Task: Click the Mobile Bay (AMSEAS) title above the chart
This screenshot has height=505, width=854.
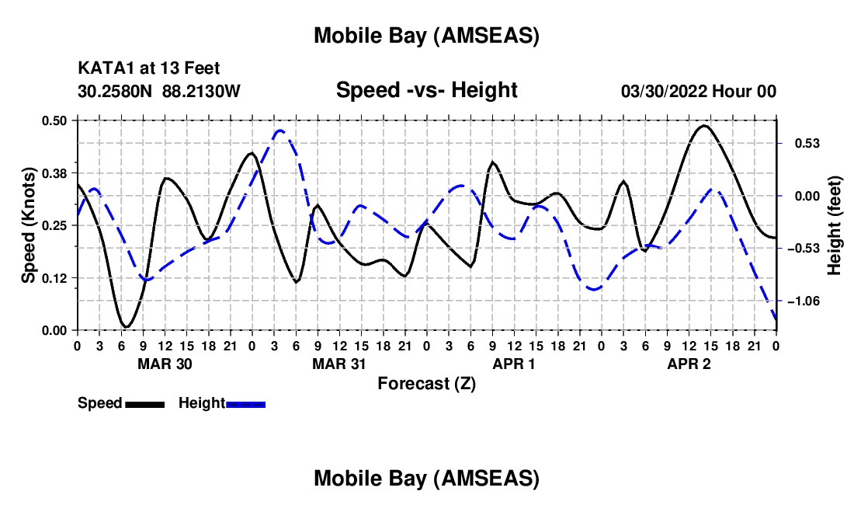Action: point(426,35)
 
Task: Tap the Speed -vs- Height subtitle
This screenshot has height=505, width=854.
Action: point(426,90)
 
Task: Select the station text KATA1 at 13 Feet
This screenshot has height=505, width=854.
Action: point(143,69)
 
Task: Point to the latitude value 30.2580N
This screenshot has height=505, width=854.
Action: point(116,92)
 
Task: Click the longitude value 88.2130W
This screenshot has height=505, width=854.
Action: point(202,92)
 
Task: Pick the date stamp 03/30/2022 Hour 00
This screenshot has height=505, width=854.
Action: point(699,92)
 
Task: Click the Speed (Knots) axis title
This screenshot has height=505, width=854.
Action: point(29,225)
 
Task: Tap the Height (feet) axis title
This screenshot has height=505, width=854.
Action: point(835,225)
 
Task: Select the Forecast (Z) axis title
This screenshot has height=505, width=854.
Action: point(426,383)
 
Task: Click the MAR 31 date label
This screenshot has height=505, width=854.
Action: point(338,364)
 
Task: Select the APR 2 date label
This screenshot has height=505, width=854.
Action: point(689,364)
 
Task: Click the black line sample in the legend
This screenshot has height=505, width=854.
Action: point(144,404)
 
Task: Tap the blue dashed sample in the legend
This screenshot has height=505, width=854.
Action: point(246,404)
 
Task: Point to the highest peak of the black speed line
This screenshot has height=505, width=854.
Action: point(704,126)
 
